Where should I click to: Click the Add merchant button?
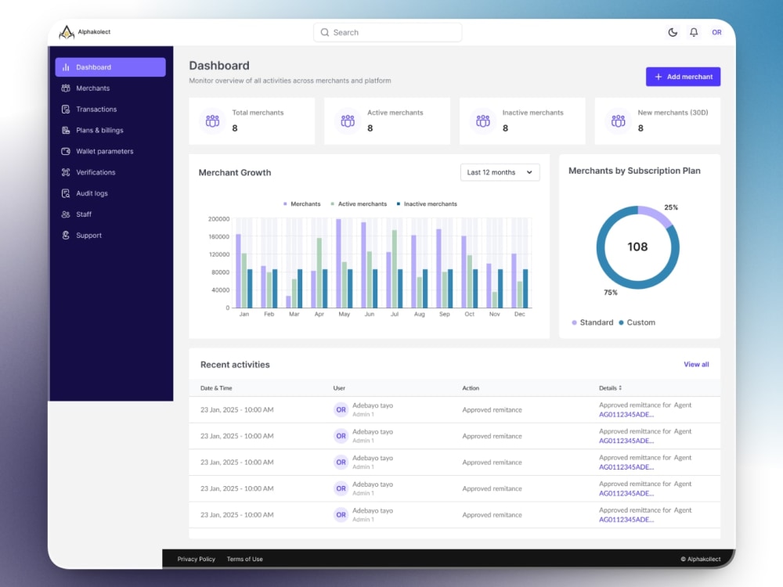pyautogui.click(x=683, y=77)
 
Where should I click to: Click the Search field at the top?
pyautogui.click(x=388, y=32)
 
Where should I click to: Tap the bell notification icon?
pyautogui.click(x=694, y=32)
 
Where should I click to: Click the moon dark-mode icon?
pyautogui.click(x=673, y=32)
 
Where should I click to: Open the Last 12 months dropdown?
pyautogui.click(x=500, y=172)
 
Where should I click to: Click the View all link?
pyautogui.click(x=696, y=365)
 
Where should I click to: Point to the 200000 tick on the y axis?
pyautogui.click(x=218, y=219)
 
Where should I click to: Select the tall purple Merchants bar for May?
pyautogui.click(x=338, y=263)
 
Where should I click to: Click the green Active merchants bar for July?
pyautogui.click(x=395, y=268)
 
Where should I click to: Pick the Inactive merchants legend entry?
pyautogui.click(x=427, y=204)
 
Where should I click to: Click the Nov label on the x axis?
pyautogui.click(x=494, y=314)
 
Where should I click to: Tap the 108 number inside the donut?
pyautogui.click(x=637, y=247)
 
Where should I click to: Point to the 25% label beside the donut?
pyautogui.click(x=671, y=207)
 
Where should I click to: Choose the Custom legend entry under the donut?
pyautogui.click(x=637, y=322)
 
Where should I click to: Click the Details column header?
pyautogui.click(x=610, y=388)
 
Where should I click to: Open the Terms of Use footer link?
pyautogui.click(x=244, y=559)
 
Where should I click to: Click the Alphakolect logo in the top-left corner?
pyautogui.click(x=85, y=32)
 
